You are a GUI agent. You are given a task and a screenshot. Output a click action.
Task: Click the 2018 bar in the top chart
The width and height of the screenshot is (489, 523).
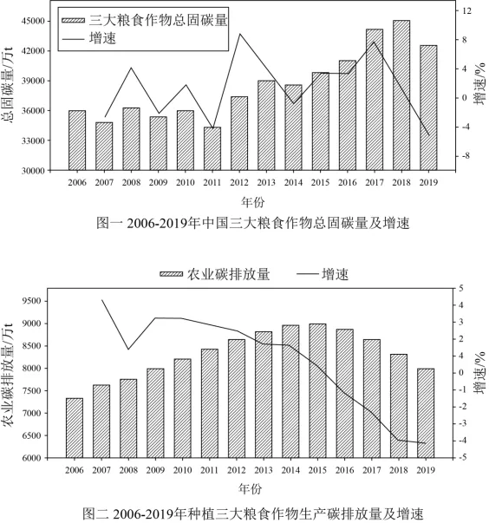pyautogui.click(x=401, y=95)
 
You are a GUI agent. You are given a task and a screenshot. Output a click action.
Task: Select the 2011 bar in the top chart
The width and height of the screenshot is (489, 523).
pyautogui.click(x=212, y=149)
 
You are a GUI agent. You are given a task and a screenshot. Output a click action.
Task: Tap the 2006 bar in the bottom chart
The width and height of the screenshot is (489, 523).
pyautogui.click(x=75, y=428)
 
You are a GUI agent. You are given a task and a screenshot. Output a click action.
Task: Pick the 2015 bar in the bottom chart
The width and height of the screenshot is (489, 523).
pyautogui.click(x=317, y=391)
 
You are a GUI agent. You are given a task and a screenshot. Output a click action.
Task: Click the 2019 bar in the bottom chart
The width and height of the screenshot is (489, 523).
pyautogui.click(x=426, y=413)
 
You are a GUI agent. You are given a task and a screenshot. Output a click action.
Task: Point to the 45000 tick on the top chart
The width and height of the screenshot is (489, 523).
pyautogui.click(x=33, y=21)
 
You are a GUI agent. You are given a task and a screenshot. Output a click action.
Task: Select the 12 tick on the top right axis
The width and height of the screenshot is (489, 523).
pyautogui.click(x=466, y=10)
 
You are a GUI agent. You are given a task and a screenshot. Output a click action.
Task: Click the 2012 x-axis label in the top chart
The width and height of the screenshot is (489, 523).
pyautogui.click(x=239, y=182)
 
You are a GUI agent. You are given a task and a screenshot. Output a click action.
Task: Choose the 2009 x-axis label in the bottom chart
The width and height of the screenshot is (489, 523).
pyautogui.click(x=155, y=470)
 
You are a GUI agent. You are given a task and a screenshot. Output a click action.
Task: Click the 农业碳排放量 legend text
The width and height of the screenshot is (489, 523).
pyautogui.click(x=228, y=274)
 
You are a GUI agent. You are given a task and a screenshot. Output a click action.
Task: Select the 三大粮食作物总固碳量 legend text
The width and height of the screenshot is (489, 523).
pyautogui.click(x=158, y=20)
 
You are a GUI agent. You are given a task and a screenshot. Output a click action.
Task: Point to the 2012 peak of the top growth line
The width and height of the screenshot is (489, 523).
pyautogui.click(x=239, y=34)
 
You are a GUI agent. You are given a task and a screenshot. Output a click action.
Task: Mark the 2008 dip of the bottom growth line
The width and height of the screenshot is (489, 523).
pyautogui.click(x=128, y=350)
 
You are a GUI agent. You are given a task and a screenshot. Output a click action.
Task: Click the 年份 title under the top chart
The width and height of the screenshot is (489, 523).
pyautogui.click(x=253, y=202)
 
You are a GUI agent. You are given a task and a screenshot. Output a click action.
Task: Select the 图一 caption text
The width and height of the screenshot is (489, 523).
pyautogui.click(x=252, y=223)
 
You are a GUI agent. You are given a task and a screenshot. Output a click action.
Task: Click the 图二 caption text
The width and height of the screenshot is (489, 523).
pyautogui.click(x=252, y=513)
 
